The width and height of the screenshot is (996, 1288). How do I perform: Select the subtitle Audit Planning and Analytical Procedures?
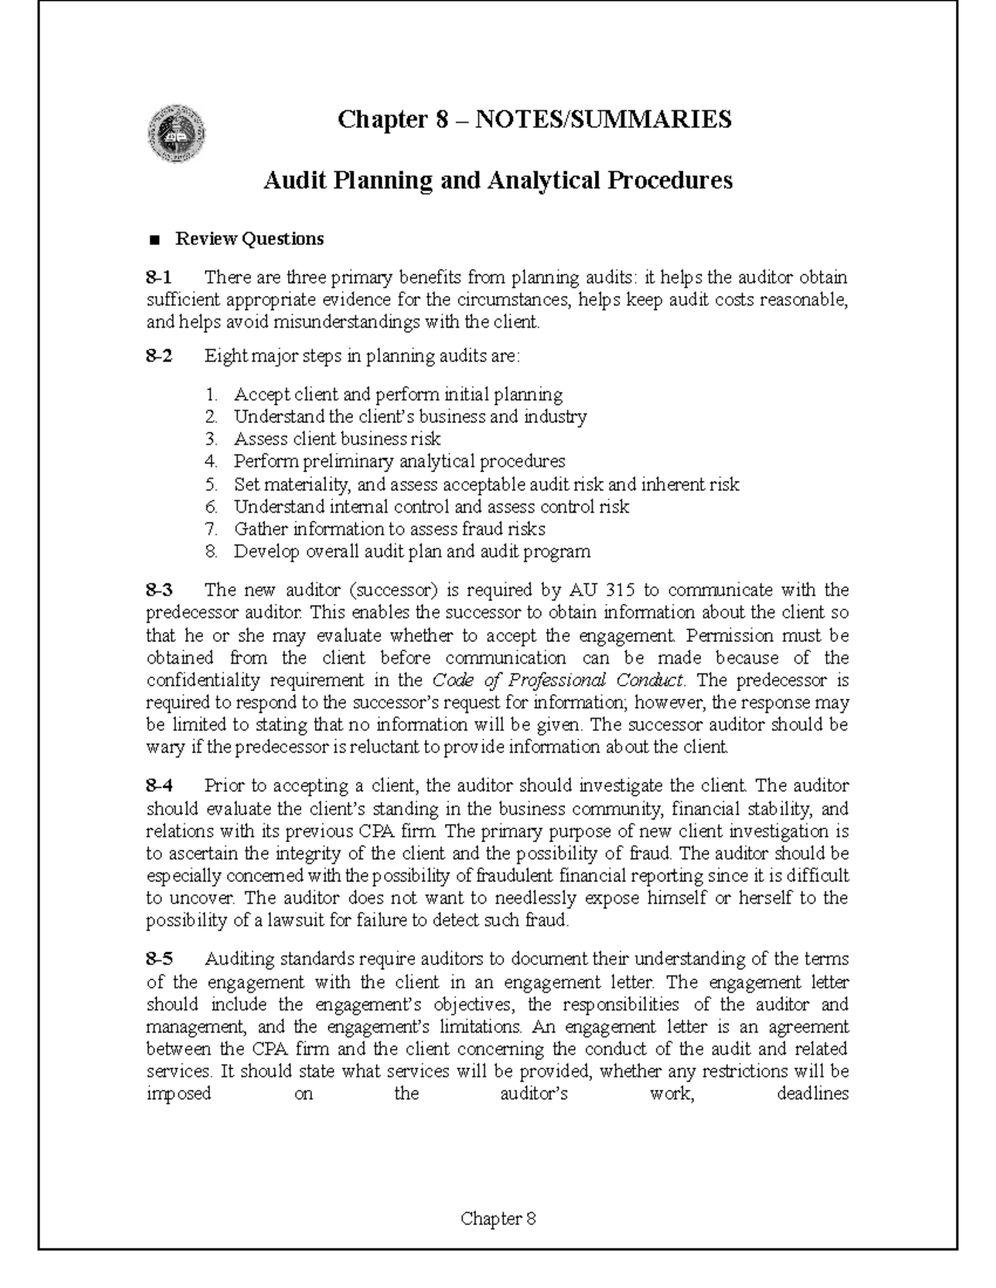(x=497, y=180)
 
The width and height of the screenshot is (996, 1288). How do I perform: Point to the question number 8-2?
(x=159, y=357)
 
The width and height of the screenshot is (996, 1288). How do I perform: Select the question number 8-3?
(x=159, y=591)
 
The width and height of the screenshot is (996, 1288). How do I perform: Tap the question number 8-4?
(x=159, y=785)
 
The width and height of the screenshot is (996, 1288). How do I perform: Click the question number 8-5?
(x=159, y=960)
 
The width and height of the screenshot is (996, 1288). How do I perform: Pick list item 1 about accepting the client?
(x=398, y=394)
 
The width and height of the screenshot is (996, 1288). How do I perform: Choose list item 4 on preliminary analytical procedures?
(x=398, y=461)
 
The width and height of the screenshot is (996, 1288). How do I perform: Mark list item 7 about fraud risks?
(x=388, y=529)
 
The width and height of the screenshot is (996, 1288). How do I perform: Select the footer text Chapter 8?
(x=498, y=1218)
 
